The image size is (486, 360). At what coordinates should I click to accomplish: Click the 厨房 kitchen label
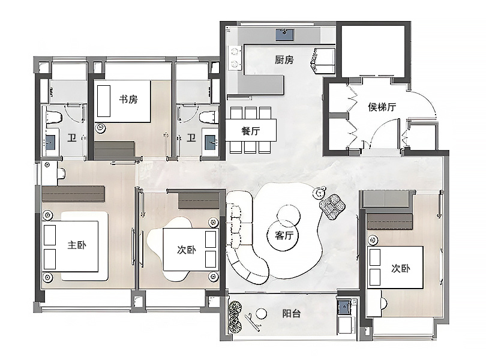[x=284, y=59]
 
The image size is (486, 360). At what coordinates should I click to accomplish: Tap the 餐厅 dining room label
[x=251, y=131]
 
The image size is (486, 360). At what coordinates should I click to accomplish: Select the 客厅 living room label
[x=284, y=235]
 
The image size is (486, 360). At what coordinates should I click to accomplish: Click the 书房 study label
[x=128, y=99]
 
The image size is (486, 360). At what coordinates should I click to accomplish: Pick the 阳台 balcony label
[x=291, y=313]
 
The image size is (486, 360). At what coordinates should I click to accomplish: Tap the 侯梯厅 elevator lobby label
[x=382, y=107]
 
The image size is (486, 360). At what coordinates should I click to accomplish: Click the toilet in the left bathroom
[x=52, y=115]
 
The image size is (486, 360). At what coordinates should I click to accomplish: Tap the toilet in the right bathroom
[x=208, y=115]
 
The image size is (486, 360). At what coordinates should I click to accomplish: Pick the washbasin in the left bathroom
[x=51, y=142]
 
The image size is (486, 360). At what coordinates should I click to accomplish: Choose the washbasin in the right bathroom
[x=211, y=142]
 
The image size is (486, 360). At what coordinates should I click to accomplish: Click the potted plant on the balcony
[x=236, y=316]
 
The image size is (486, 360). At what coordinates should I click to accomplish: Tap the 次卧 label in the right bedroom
[x=400, y=268]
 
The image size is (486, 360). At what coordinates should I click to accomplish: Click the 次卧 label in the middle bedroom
[x=186, y=249]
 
